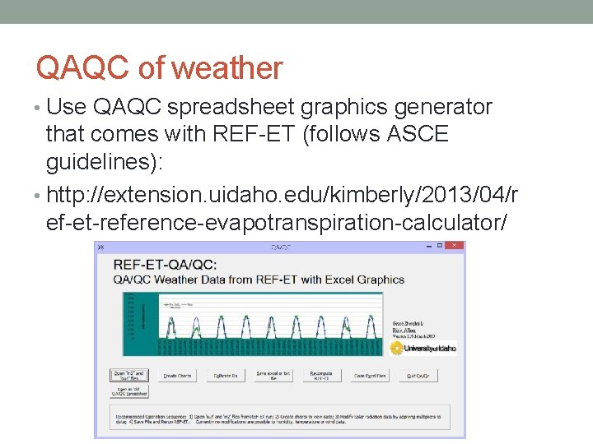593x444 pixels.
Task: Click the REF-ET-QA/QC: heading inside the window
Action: [165, 265]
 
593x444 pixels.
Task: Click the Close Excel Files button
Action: [370, 375]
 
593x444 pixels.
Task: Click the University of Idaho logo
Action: [423, 348]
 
